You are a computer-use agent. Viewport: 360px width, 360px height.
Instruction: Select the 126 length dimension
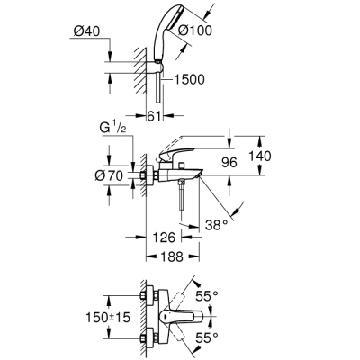tap(162, 238)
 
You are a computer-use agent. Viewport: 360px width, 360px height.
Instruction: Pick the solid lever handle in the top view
tap(191, 318)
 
